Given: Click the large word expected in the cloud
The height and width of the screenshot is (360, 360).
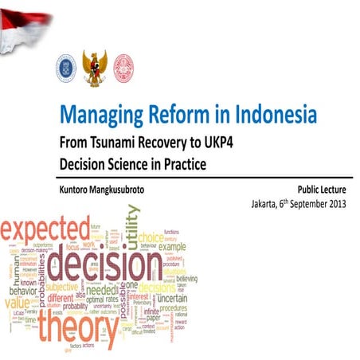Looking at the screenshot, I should pos(45,230).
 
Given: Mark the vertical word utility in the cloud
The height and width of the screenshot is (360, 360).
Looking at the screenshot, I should pos(132,226).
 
